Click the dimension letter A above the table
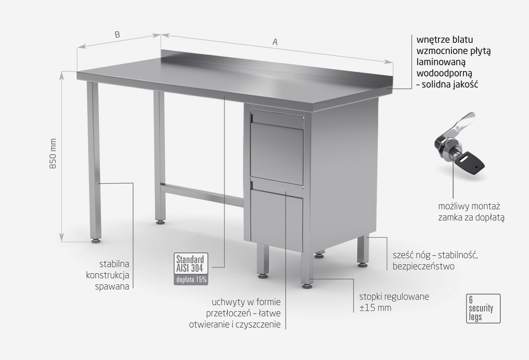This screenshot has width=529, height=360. pos(275,42)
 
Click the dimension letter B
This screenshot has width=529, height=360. pos(117,35)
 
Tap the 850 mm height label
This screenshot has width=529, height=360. pos(53,154)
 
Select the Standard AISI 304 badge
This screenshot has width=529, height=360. pos(191,269)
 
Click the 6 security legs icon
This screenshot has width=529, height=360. pos(483,308)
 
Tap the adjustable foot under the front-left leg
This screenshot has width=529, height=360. pos(96,241)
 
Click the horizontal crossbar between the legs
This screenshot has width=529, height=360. pos(202,195)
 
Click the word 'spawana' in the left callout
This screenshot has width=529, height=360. pos(112,287)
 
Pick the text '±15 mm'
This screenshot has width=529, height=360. pos(375,308)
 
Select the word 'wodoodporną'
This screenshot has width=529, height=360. pos(444,73)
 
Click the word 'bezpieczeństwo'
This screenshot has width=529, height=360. pos(424,266)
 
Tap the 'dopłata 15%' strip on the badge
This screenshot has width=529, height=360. pos(191,280)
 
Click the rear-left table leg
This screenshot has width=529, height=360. pos(160,156)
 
